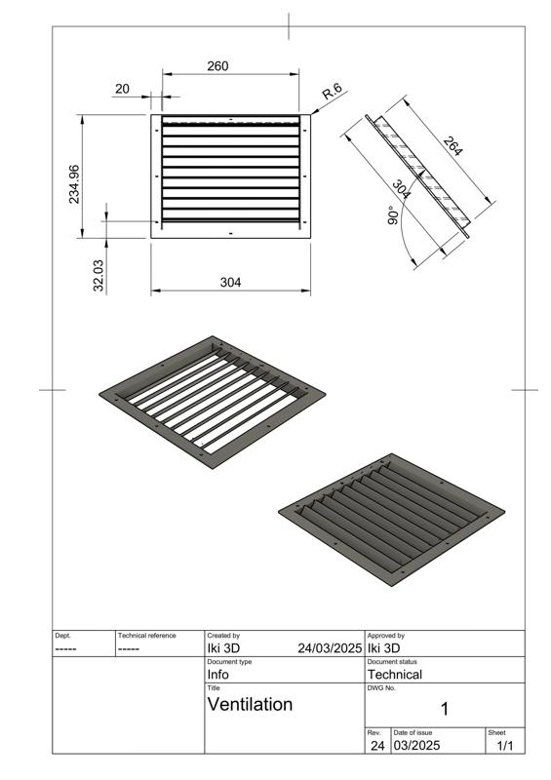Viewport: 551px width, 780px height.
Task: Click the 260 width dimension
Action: [x=218, y=66]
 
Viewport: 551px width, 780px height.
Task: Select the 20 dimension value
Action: [x=122, y=89]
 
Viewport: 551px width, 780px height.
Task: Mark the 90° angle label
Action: [x=392, y=215]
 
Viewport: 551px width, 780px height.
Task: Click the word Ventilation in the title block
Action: [x=250, y=704]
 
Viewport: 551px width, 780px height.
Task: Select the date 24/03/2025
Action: [x=330, y=647]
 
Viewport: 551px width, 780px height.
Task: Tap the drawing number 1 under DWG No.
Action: [x=445, y=709]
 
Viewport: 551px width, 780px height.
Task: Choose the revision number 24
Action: [x=376, y=746]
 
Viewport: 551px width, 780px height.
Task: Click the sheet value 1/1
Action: [x=505, y=746]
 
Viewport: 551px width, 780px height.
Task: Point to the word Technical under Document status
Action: [x=394, y=674]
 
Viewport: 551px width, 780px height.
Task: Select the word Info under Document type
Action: [x=217, y=674]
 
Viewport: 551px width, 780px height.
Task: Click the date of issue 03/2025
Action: [x=417, y=746]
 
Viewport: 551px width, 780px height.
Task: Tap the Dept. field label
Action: [x=62, y=636]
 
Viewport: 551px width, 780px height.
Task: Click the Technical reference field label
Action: [x=146, y=636]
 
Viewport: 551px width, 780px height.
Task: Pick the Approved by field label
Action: [x=385, y=636]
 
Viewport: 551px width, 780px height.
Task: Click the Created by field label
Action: [x=223, y=636]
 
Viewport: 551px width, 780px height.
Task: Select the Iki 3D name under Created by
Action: [x=223, y=647]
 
